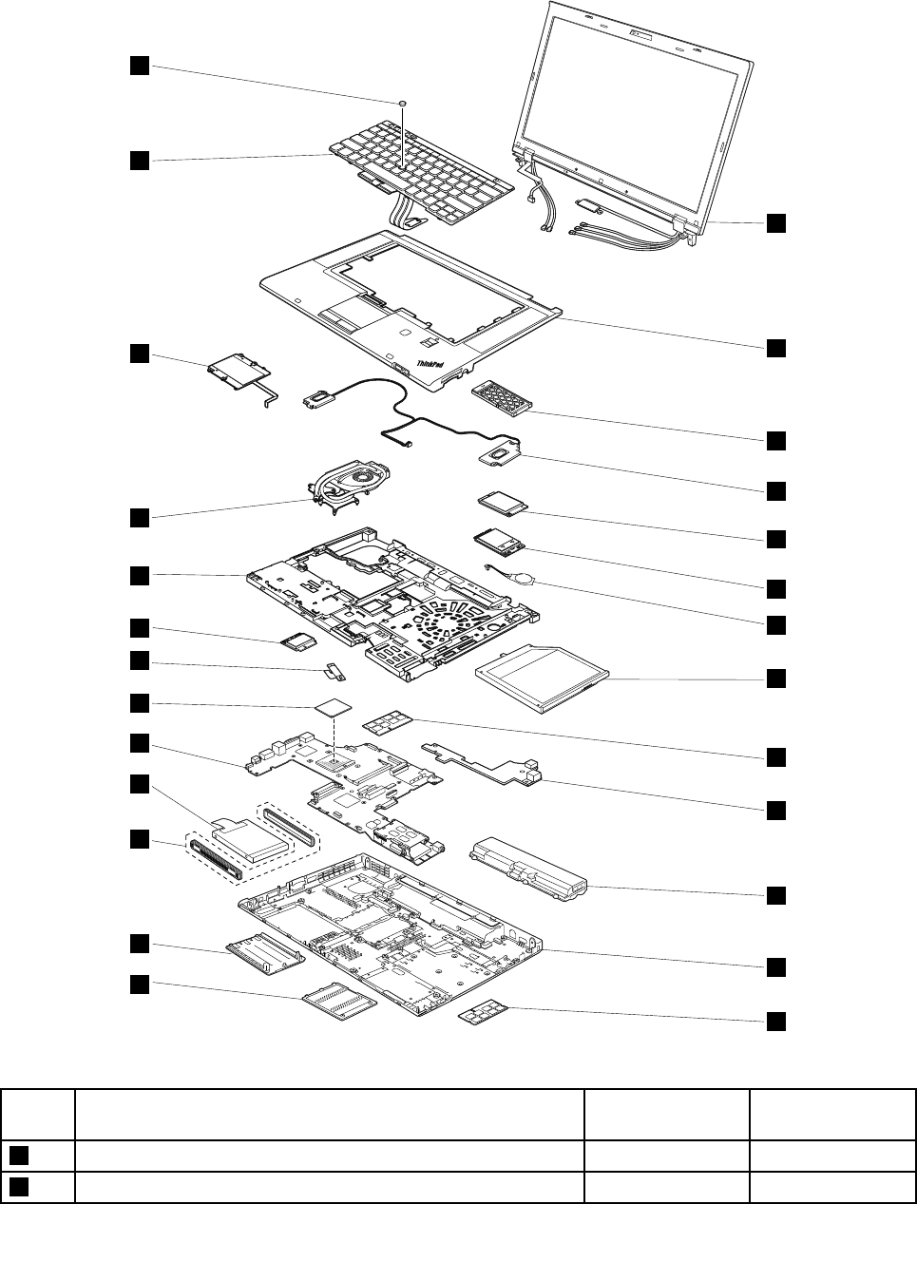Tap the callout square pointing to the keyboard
[x=139, y=160]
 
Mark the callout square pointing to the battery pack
[x=776, y=895]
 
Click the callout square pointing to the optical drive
[x=776, y=678]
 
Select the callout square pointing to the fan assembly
[x=139, y=517]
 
